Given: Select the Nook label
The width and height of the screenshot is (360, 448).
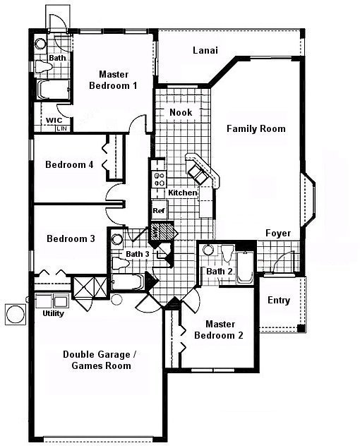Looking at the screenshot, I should coord(180,112).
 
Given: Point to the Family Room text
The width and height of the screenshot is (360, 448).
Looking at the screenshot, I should coord(256,128).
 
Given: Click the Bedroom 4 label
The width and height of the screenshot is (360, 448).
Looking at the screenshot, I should coord(69,165).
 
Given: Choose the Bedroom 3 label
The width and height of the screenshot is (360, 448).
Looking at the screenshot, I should coord(71,238).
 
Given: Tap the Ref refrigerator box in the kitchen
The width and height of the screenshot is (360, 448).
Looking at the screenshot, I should coord(159,210).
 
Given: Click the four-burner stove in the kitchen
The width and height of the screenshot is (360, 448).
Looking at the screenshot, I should coord(159,179).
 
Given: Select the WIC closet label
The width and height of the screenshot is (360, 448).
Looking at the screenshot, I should coord(54,121).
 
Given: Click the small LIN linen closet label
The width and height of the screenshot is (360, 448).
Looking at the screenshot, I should coord(61,129).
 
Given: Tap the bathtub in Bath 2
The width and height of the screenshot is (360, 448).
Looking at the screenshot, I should coord(245,266).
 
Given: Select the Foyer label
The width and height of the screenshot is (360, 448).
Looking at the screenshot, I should coord(277,233).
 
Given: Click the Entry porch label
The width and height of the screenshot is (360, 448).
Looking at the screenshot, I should coord(279,300).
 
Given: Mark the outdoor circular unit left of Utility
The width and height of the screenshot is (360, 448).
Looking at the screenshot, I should coord(14,314).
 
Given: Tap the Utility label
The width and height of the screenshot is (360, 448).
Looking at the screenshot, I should coord(54,313).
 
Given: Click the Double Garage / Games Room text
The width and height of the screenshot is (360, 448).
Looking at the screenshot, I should coord(96,360).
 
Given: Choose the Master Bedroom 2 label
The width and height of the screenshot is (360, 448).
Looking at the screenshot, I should coord(219,329).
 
